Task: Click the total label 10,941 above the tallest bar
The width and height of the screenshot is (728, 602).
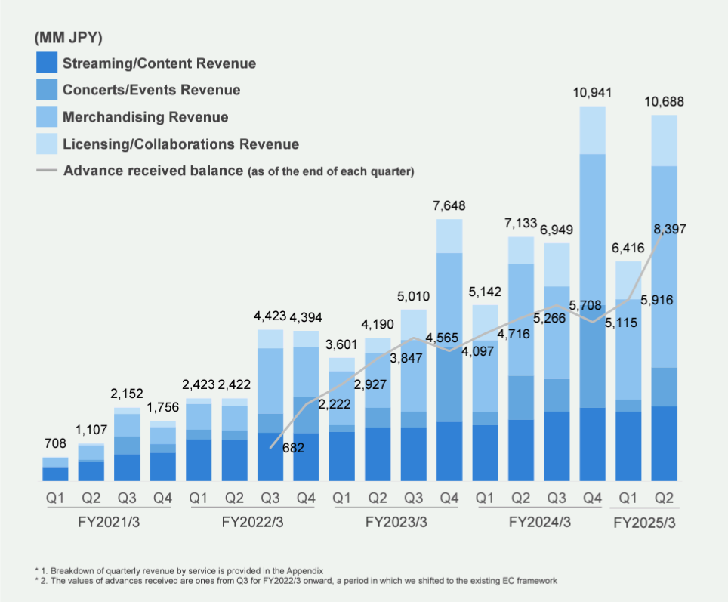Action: (x=593, y=94)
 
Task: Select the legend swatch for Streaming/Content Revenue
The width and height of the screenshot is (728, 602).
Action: (x=47, y=63)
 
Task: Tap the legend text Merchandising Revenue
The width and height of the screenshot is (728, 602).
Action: (x=146, y=117)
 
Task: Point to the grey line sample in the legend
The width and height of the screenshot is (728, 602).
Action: (x=47, y=171)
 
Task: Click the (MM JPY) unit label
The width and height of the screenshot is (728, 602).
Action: (x=69, y=38)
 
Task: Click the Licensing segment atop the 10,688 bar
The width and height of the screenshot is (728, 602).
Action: (x=664, y=140)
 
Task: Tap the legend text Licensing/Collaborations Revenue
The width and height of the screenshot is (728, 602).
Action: (x=181, y=144)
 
